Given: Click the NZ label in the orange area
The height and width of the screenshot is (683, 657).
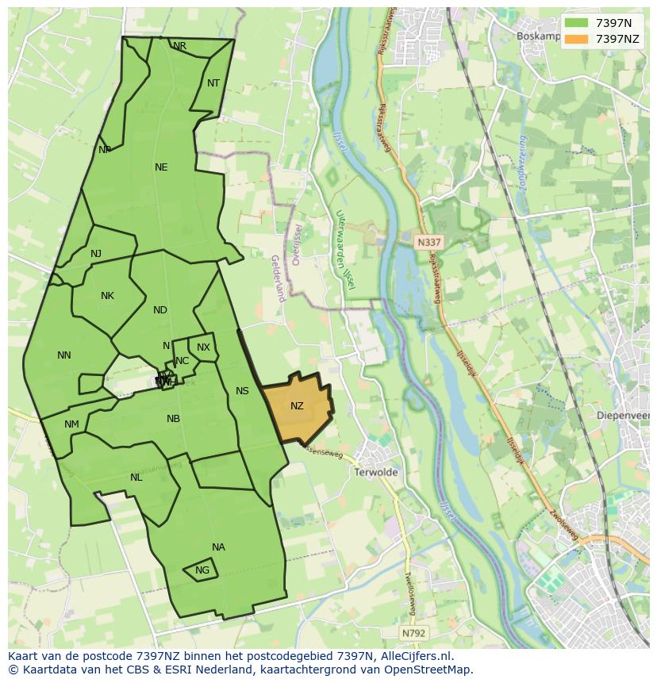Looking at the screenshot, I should [297, 406].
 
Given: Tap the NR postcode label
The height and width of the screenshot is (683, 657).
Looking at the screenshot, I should [180, 46].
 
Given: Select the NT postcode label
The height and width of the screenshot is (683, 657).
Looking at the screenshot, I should [213, 83].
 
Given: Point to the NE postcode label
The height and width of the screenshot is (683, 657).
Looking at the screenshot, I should [161, 167].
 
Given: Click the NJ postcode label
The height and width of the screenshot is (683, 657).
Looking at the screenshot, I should [96, 254].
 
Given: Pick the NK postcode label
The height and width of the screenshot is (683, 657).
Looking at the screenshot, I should [107, 296].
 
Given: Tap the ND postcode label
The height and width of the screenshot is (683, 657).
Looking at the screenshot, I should [160, 310].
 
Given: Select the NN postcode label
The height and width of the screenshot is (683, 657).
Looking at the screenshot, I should [64, 355].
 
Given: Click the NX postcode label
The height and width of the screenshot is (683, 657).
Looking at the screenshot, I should [204, 347].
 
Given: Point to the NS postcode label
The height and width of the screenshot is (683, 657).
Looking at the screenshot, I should [242, 391].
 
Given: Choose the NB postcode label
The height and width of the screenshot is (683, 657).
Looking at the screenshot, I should [173, 419].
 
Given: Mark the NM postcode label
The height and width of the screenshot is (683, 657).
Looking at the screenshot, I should [71, 424].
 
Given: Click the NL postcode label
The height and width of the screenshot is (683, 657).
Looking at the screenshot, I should [136, 478].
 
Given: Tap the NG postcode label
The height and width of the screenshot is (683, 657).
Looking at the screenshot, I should [202, 570].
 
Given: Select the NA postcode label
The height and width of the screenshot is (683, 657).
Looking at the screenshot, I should [218, 547].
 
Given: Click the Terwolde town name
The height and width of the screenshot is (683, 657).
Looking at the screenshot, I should [377, 472].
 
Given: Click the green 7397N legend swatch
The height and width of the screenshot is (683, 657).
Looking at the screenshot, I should [577, 23].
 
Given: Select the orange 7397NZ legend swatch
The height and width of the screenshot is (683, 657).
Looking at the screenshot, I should [577, 39].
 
